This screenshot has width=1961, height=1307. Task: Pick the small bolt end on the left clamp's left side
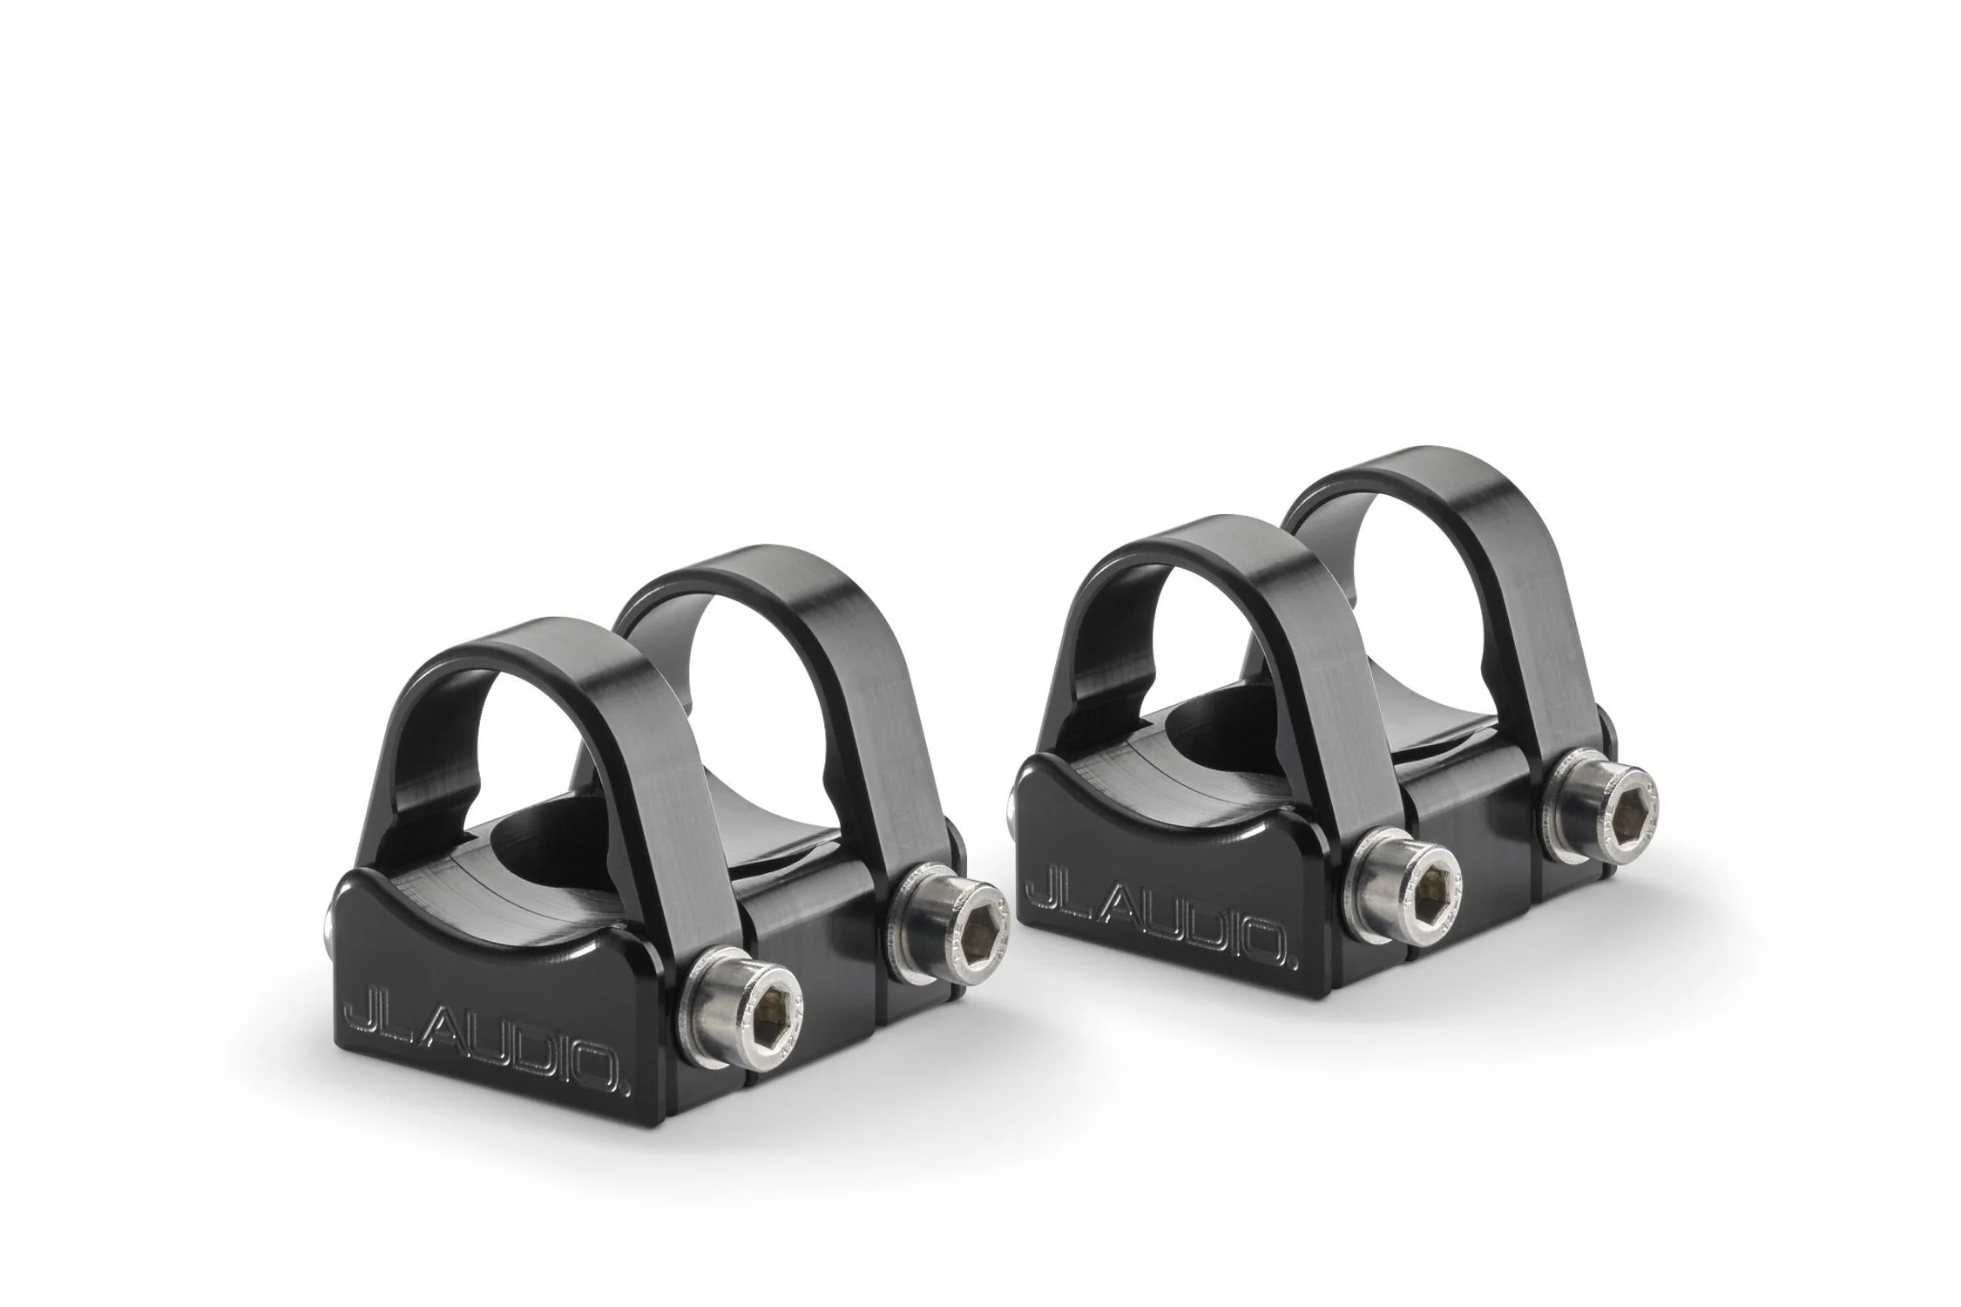coord(328,923)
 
